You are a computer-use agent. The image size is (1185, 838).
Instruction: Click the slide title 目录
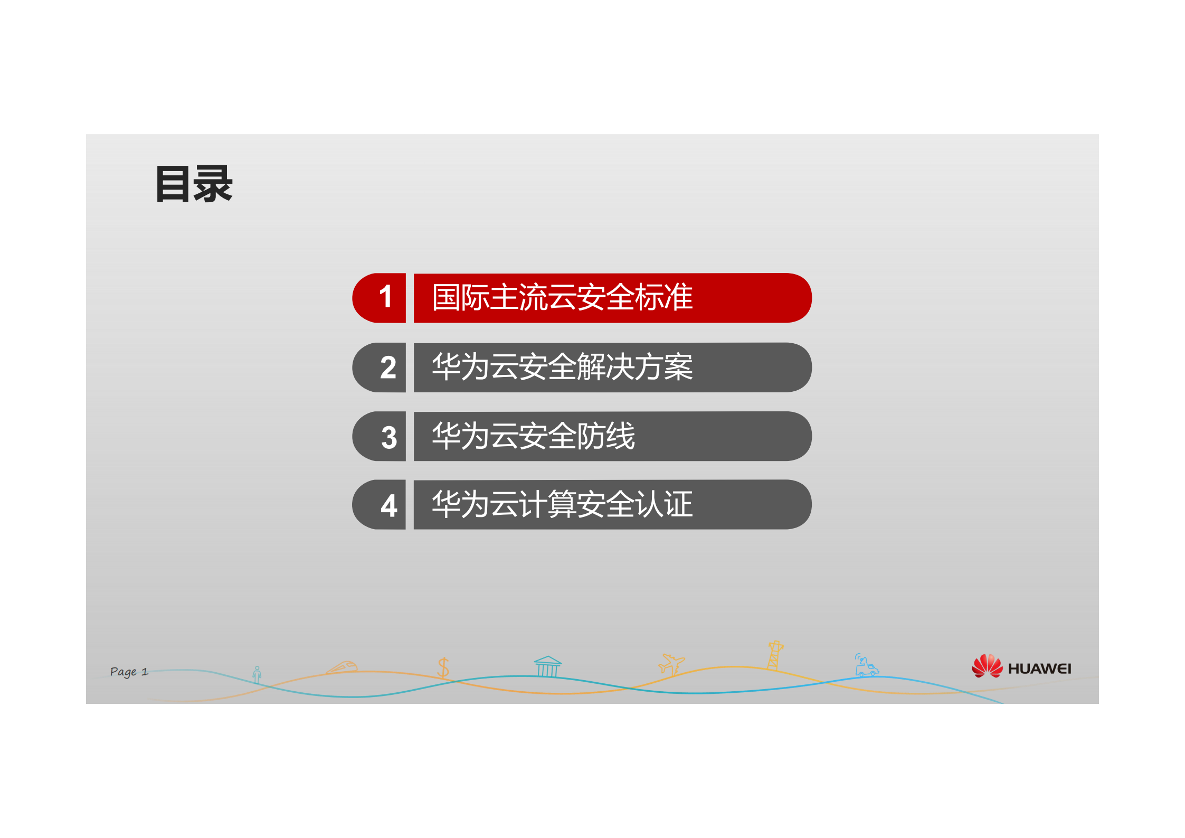tap(194, 184)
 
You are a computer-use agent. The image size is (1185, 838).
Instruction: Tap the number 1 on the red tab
tap(386, 297)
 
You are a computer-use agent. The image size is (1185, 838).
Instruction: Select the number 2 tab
tap(388, 368)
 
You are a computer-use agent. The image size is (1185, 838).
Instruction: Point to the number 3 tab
tap(389, 437)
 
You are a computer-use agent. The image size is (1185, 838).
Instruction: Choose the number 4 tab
tap(389, 506)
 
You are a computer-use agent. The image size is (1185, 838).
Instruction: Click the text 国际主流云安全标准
tap(562, 297)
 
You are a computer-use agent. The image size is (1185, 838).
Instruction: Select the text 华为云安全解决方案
tap(562, 367)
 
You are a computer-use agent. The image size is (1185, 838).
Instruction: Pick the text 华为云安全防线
tap(533, 436)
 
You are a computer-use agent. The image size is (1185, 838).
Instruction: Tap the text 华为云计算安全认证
tap(562, 504)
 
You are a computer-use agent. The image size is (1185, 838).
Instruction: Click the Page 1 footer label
tap(129, 672)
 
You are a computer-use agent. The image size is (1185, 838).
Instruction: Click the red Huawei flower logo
tap(987, 666)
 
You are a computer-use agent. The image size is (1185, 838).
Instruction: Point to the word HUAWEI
tap(1039, 669)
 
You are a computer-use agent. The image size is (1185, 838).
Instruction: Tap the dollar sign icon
tap(443, 668)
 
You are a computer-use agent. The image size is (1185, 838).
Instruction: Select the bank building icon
tap(547, 666)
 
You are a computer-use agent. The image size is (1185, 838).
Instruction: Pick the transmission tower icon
tap(774, 655)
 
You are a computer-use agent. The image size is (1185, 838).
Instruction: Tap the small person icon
tap(257, 674)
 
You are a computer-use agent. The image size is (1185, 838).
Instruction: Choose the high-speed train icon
tap(344, 667)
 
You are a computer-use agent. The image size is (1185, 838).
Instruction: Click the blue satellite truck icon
tap(866, 666)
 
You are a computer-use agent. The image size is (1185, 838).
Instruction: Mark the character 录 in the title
tap(213, 184)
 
